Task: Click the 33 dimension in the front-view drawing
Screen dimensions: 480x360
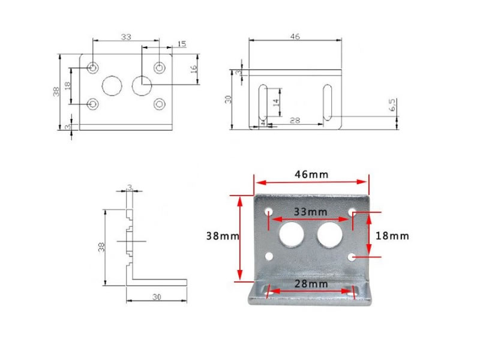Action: (x=126, y=37)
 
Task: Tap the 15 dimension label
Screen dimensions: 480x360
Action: (x=182, y=44)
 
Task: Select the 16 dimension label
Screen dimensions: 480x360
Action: (x=194, y=69)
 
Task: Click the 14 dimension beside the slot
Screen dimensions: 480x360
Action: (x=276, y=102)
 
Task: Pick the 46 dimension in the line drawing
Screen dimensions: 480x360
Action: (x=295, y=37)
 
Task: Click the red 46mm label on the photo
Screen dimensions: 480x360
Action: (x=311, y=175)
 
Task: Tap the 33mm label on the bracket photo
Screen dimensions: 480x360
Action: (x=310, y=212)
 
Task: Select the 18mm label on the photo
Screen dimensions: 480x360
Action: (x=392, y=236)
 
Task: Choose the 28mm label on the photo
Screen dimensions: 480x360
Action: (x=311, y=284)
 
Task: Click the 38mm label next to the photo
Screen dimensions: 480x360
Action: (x=223, y=236)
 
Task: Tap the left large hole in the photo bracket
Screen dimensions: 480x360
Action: (x=291, y=235)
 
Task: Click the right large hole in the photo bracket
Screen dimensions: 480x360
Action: (x=329, y=235)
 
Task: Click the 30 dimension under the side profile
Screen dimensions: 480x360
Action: (x=157, y=296)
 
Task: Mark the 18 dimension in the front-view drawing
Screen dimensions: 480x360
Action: (x=68, y=85)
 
